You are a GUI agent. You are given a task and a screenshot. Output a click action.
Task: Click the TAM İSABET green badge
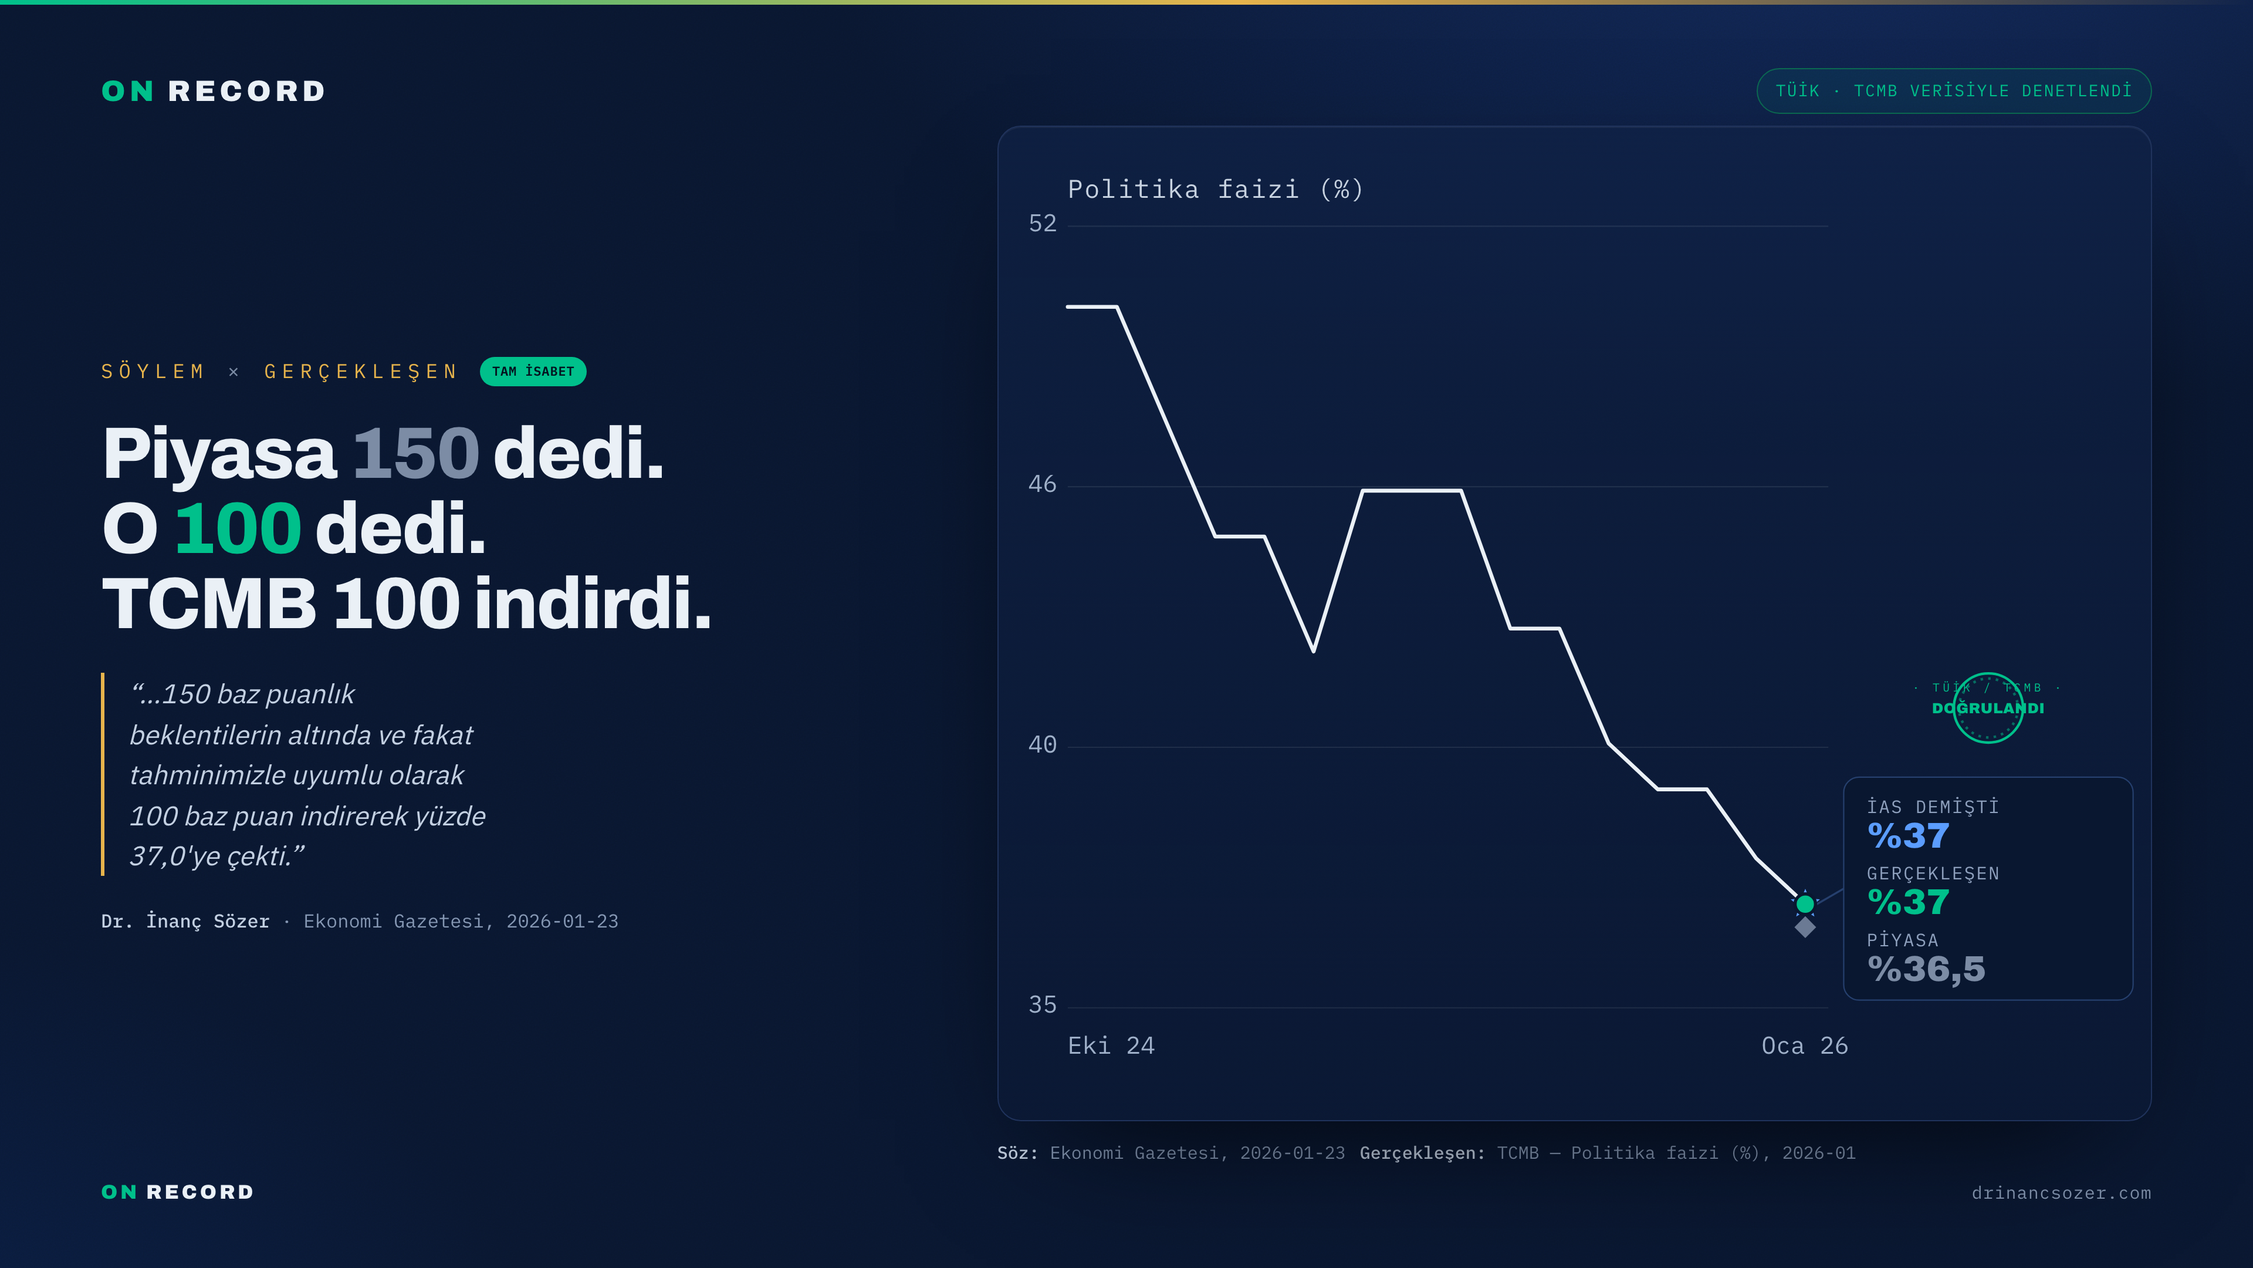[533, 371]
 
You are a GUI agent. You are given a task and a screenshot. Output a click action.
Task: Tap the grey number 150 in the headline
[415, 453]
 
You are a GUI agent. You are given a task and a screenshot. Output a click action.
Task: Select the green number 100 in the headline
[238, 528]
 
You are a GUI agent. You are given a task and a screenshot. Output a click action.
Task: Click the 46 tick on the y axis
[1043, 484]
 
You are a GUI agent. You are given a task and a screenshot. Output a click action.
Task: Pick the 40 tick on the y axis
[1043, 745]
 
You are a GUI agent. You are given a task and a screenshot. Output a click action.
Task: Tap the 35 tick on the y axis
[1043, 1004]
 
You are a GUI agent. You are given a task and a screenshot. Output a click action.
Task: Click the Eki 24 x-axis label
[1111, 1046]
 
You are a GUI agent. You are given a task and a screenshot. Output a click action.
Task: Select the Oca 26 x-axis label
[1804, 1046]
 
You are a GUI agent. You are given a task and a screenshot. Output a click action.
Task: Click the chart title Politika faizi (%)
[1216, 189]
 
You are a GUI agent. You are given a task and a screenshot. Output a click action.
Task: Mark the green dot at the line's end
[1805, 903]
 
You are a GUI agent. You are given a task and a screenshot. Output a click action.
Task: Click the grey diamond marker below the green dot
[1805, 927]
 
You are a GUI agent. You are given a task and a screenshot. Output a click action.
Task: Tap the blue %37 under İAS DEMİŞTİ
[1909, 836]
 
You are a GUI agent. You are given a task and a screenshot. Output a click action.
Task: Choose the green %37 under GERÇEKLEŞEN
[1909, 902]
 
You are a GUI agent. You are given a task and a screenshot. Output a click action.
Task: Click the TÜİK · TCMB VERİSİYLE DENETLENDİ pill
[1954, 91]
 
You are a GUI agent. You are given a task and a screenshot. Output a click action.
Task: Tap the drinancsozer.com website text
[2062, 1193]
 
